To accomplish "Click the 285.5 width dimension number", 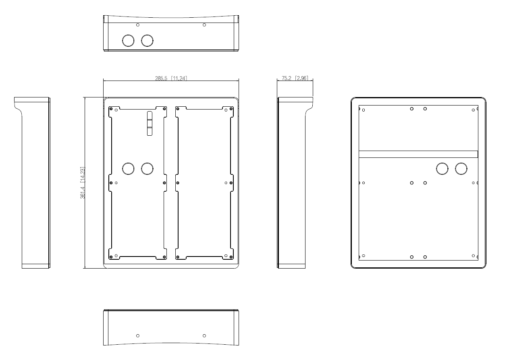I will [x=162, y=79].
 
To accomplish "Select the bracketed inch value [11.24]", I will [x=179, y=79].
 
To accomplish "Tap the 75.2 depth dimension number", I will [x=287, y=79].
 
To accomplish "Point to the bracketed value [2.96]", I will [x=302, y=79].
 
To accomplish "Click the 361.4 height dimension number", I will [x=83, y=190].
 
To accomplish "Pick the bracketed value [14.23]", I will [x=83, y=175].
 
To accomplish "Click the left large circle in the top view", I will [x=128, y=41].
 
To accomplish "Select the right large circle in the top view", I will [x=147, y=41].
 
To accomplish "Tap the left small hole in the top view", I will [x=138, y=25].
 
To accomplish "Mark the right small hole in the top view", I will [x=204, y=25].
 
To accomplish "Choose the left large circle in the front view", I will [x=128, y=168].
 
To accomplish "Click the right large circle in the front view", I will [x=147, y=168].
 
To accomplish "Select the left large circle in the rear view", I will [x=442, y=168].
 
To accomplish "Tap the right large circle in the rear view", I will [x=461, y=168].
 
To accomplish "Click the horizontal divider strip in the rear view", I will [x=418, y=154].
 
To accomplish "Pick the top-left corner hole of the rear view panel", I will [x=364, y=110].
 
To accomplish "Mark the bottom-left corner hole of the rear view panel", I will [x=364, y=256].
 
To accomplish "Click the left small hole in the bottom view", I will [x=138, y=335].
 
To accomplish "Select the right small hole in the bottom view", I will [x=204, y=335].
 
